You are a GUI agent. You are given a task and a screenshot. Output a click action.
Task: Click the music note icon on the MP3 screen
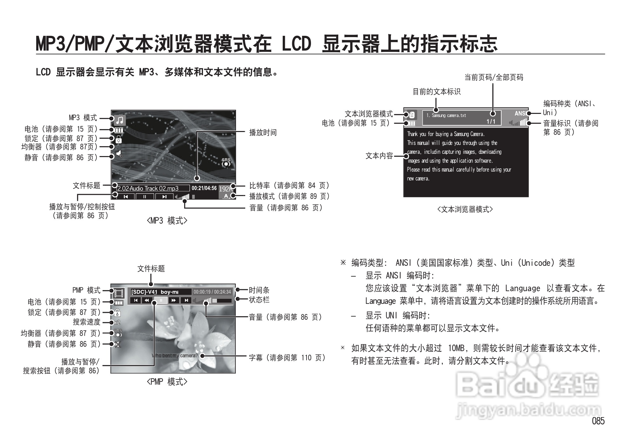click(119, 120)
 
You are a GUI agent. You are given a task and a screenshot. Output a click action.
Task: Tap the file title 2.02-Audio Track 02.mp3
click(148, 188)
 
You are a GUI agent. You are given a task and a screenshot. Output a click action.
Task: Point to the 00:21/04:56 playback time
click(204, 188)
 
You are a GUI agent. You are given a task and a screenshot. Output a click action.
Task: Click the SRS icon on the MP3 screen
click(226, 162)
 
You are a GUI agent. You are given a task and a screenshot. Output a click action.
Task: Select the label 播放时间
click(263, 133)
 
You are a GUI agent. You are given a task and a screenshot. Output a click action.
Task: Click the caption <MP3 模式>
click(167, 221)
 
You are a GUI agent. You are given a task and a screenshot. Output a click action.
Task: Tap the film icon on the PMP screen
click(118, 293)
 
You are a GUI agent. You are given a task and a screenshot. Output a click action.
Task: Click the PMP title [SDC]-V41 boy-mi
click(155, 292)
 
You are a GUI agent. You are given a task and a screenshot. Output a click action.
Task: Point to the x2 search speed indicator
click(117, 323)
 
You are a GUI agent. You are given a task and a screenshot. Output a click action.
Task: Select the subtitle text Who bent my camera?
click(175, 356)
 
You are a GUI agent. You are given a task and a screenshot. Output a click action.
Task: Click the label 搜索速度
click(86, 322)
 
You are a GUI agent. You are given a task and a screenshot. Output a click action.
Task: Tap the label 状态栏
click(259, 299)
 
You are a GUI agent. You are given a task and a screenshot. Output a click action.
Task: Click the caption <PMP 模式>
click(167, 382)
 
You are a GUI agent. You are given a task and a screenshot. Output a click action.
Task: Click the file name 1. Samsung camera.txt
click(446, 115)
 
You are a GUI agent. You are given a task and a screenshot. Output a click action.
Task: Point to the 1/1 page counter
click(491, 121)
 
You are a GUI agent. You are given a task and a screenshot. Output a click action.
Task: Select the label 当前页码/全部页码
click(494, 77)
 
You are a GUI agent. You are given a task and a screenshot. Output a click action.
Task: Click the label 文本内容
click(379, 156)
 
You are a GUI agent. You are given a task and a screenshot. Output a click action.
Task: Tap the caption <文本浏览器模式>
click(465, 209)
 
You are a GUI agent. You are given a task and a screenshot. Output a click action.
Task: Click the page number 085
click(598, 421)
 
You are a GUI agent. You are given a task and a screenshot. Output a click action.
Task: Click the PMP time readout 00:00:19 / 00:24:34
click(212, 292)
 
